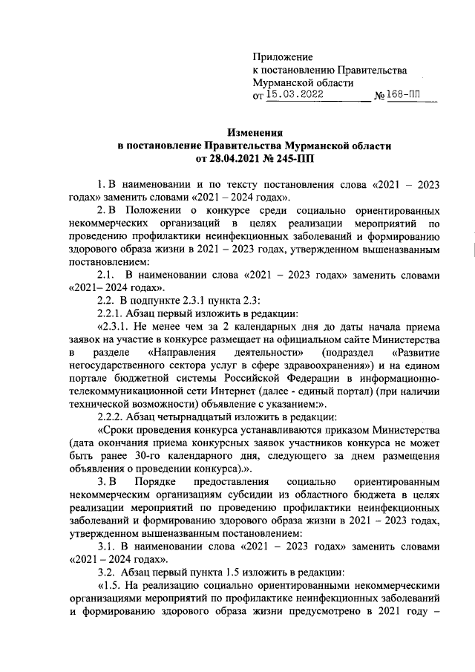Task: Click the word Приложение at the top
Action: coord(283,56)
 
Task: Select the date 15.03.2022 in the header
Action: coord(295,95)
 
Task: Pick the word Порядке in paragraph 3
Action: coord(160,485)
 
